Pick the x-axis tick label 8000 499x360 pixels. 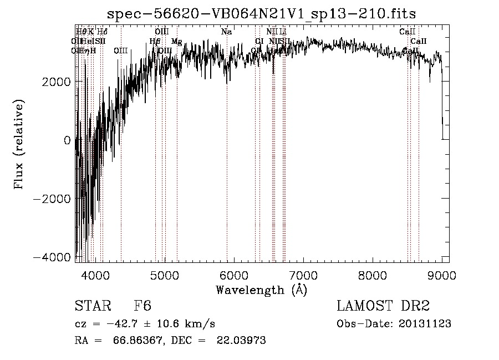(x=372, y=275)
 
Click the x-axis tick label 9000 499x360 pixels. (x=441, y=275)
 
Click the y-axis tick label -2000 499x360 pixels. (x=54, y=199)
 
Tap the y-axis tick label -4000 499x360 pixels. (x=54, y=257)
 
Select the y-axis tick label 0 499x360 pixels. (x=67, y=140)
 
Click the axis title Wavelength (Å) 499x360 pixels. (x=261, y=290)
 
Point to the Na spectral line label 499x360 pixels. (x=226, y=32)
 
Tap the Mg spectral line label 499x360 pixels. (x=176, y=41)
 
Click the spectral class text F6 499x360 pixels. (x=142, y=307)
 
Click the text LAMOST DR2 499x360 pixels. (x=383, y=307)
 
